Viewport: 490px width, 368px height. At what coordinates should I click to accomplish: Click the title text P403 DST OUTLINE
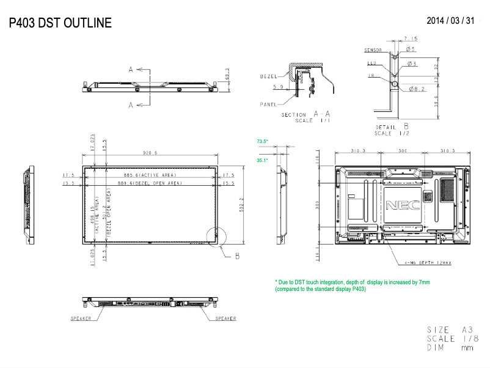pos(60,23)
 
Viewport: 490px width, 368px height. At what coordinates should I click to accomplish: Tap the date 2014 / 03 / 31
pos(450,21)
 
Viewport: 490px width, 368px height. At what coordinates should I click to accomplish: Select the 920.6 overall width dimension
pos(150,153)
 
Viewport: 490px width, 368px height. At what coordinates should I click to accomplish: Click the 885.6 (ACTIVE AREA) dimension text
pos(149,175)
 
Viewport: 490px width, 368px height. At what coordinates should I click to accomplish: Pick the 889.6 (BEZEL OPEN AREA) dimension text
pos(149,183)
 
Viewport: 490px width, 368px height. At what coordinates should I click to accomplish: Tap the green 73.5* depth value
pos(263,142)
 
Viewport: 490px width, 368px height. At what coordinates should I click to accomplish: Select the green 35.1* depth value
pos(263,160)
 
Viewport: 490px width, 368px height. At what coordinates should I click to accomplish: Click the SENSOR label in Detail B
pos(373,50)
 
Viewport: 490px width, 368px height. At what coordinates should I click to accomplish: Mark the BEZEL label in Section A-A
pos(268,76)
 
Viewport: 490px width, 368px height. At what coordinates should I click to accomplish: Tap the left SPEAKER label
pos(81,318)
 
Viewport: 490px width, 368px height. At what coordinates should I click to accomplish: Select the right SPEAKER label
pos(225,318)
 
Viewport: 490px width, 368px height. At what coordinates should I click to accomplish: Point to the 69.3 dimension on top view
pos(227,74)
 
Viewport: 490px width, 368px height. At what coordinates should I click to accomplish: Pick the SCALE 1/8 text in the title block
pos(449,339)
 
